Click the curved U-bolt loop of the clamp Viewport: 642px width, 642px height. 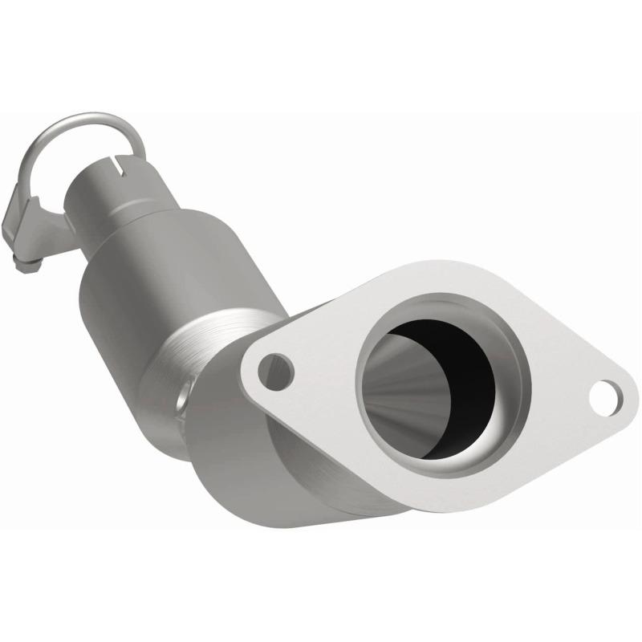80,128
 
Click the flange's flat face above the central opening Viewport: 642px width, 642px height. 417,285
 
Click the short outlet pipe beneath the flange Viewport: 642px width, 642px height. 321,473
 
